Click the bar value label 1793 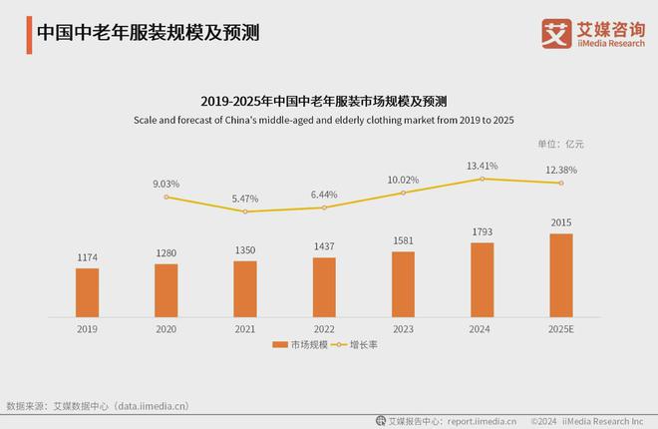coord(482,232)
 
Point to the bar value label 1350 coord(245,250)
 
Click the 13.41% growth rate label coord(482,166)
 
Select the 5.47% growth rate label coord(245,199)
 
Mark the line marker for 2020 coord(166,197)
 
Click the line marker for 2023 coord(403,193)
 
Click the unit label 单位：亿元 coord(560,144)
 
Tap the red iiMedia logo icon coord(555,32)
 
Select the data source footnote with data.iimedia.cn coord(97,406)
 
